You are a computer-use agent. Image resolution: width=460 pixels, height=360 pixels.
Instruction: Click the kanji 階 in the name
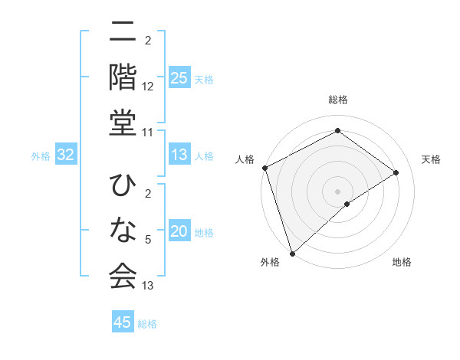pos(123,77)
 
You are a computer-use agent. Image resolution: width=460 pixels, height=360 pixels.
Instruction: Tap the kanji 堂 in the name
pos(123,122)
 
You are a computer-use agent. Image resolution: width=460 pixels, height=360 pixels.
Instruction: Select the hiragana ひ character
pos(123,186)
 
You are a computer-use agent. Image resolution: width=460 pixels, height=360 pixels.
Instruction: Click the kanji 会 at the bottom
pos(123,275)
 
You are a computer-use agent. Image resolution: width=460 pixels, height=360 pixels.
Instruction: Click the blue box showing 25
pos(179,78)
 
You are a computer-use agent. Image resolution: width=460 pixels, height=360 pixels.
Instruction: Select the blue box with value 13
pos(179,155)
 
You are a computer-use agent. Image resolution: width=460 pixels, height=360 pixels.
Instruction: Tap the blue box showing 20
pos(179,232)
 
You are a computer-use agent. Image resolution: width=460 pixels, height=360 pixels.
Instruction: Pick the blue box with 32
pos(66,155)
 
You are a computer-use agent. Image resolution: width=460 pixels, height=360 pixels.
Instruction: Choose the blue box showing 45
pos(123,322)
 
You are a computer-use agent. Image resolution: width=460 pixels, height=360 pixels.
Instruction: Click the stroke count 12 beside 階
pos(148,87)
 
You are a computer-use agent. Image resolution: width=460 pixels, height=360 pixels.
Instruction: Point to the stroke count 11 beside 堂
pos(148,133)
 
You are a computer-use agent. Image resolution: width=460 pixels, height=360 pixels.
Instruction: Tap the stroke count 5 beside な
pos(148,241)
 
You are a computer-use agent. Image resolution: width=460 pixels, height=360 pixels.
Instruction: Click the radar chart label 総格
pos(338,100)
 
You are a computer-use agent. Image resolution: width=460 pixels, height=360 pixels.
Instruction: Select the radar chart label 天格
pos(431,159)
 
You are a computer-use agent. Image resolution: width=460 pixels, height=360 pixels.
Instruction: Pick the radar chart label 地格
pos(402,262)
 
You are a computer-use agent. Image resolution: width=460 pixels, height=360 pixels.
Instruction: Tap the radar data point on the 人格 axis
pos(264,168)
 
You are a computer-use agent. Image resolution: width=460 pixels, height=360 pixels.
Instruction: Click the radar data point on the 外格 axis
pos(292,252)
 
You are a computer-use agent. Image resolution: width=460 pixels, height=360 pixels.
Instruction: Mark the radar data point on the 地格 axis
pos(347,204)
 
